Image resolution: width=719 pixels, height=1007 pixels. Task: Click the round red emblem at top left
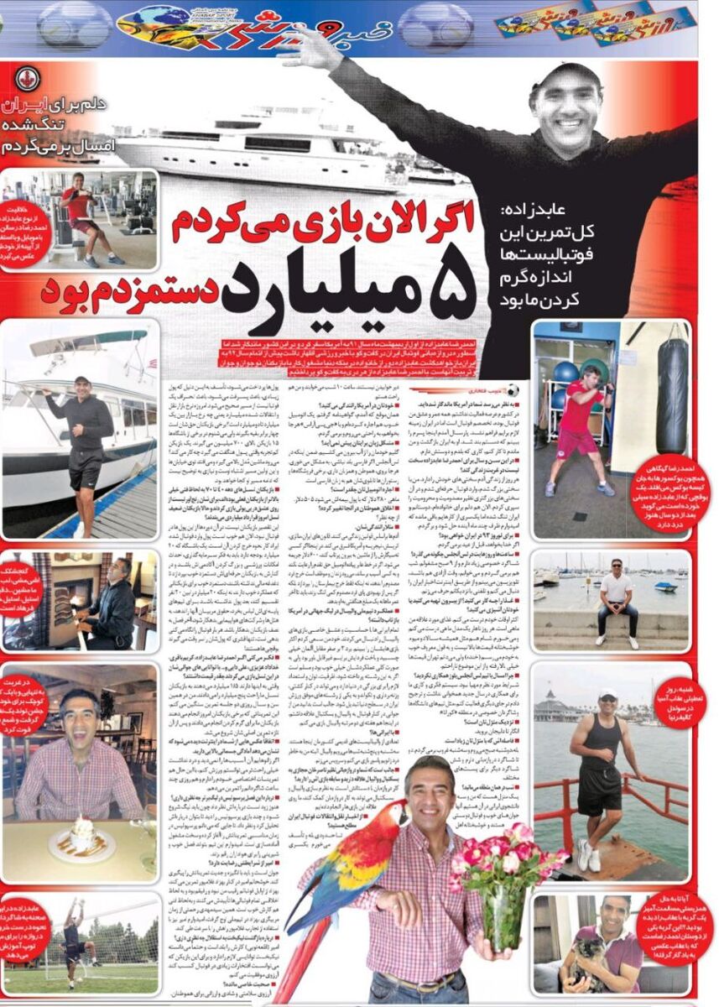tap(28, 79)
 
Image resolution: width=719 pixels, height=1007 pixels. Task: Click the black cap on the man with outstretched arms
tap(571, 76)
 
